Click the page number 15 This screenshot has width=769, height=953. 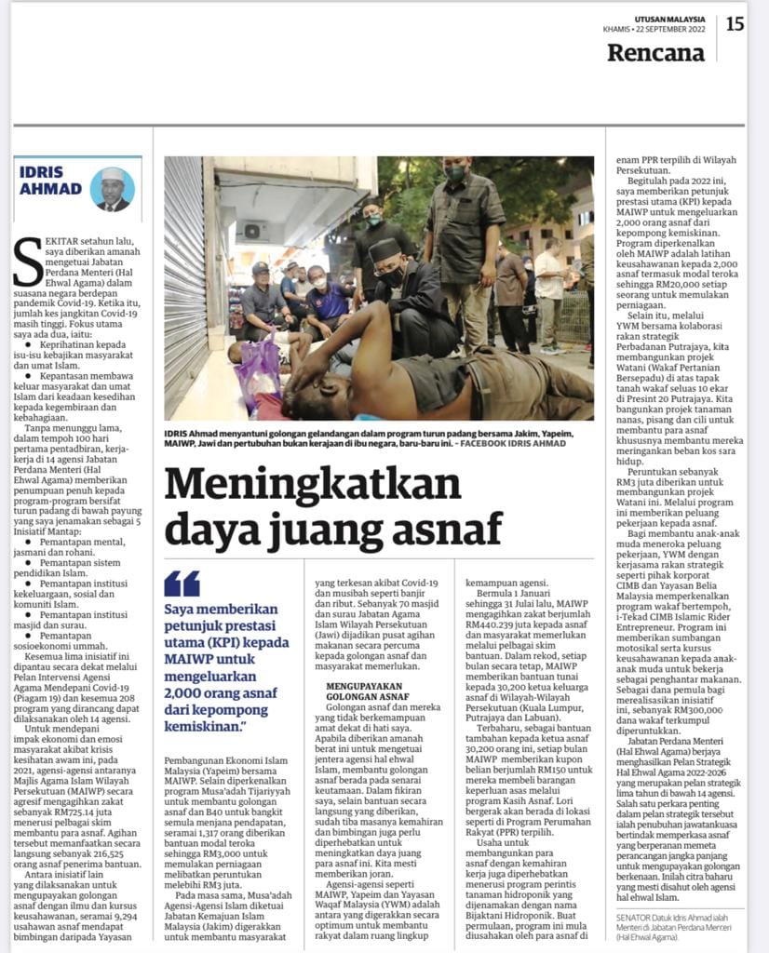[735, 23]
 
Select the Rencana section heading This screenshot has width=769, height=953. [655, 53]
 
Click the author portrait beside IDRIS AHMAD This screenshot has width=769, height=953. [113, 188]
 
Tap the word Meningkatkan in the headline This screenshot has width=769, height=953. [313, 484]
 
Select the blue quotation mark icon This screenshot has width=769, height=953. [182, 584]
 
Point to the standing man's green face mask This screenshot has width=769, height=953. [454, 172]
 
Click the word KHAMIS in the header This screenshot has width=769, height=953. [617, 30]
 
